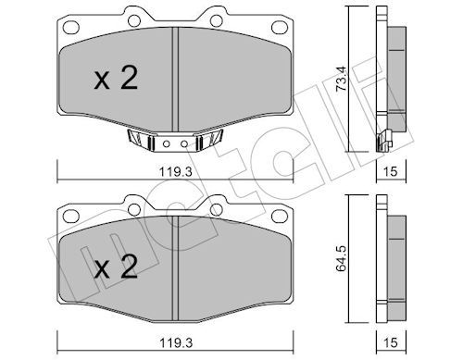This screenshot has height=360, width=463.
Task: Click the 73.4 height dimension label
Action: click(342, 79)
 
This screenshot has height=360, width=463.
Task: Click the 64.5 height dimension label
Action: click(342, 259)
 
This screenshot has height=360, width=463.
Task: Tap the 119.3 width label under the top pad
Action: click(176, 171)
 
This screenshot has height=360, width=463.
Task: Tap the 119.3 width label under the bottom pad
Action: click(176, 342)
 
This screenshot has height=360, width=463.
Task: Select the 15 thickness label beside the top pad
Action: click(391, 171)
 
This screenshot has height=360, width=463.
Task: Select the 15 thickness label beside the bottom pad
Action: click(391, 342)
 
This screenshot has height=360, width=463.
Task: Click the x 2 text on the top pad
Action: click(116, 79)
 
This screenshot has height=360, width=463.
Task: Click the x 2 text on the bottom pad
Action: click(116, 267)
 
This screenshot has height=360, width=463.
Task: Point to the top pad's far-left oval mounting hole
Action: click(71, 27)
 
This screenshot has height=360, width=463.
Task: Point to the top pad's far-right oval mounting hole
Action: click(280, 27)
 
